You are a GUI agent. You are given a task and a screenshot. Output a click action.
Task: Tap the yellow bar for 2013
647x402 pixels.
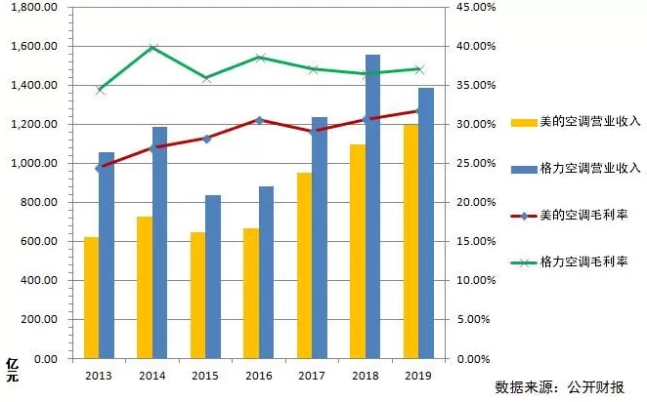[91, 297]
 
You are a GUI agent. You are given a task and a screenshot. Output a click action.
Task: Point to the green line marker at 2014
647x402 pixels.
[152, 47]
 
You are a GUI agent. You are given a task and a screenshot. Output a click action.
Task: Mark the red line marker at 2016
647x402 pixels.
[259, 120]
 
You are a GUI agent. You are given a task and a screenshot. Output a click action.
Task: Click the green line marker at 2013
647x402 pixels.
[99, 90]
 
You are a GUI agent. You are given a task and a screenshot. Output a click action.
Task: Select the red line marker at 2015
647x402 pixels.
[206, 139]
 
